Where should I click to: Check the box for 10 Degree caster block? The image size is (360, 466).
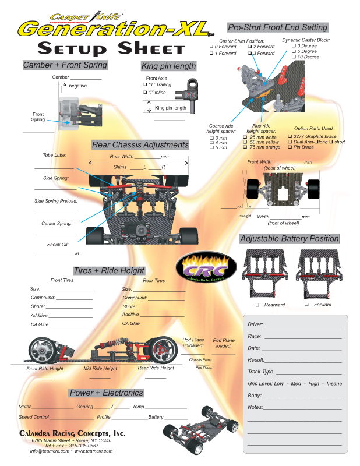click(x=293, y=57)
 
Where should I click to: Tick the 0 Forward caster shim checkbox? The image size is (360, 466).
click(x=211, y=47)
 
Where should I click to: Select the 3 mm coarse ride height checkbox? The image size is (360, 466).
click(x=211, y=138)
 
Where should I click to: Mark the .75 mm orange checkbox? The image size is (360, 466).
click(x=245, y=147)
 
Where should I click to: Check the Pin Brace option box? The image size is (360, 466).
click(x=290, y=147)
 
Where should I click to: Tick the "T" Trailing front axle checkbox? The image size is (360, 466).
click(x=145, y=84)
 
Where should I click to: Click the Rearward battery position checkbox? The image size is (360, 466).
click(x=257, y=305)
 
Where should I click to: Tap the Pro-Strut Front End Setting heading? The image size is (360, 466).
click(x=277, y=27)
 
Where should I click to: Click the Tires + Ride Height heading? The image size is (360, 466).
click(x=109, y=270)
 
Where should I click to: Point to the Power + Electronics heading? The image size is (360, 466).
click(x=105, y=393)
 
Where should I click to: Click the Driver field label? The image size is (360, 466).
click(x=255, y=324)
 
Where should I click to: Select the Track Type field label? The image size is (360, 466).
click(x=261, y=371)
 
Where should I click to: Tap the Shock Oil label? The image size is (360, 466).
click(x=58, y=245)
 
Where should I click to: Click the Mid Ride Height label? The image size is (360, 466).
click(x=100, y=368)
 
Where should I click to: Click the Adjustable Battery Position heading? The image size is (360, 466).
click(x=289, y=238)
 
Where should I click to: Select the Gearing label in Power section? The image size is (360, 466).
click(x=84, y=407)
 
